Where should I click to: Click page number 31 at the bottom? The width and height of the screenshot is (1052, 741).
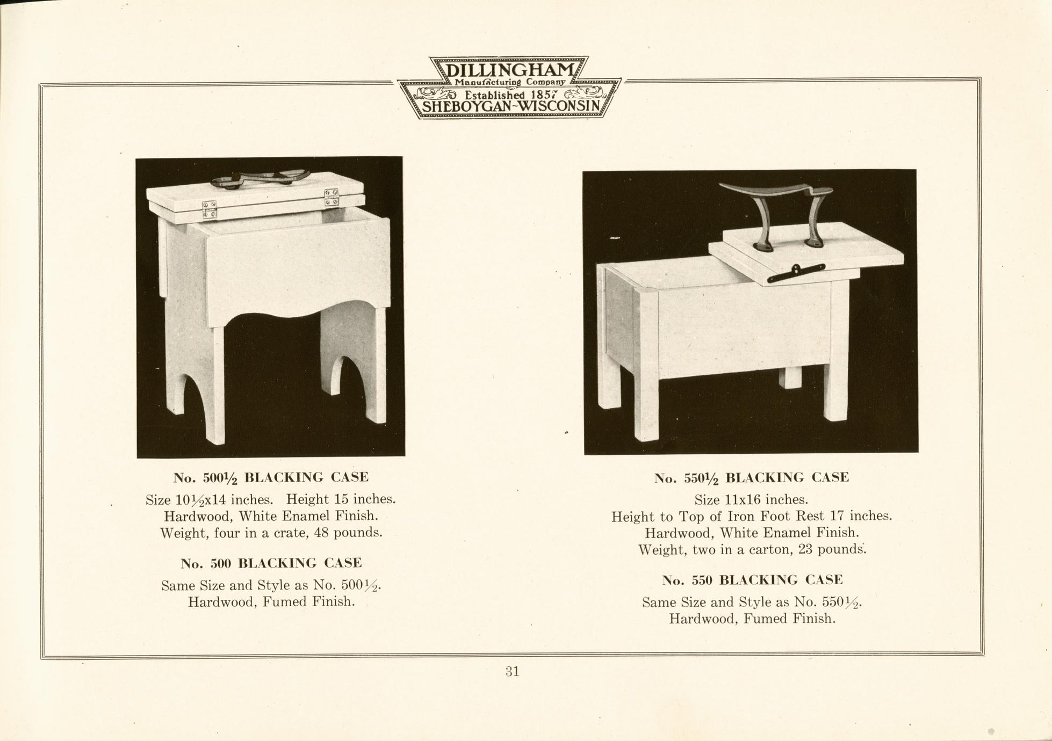coord(512,671)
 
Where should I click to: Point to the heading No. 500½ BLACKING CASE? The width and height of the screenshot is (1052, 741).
coord(271,477)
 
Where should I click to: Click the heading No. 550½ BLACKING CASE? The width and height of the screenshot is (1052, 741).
coord(752,478)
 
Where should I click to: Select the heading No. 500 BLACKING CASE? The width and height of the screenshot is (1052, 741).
coord(271,563)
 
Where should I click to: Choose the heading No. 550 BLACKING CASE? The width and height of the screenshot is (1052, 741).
coord(752,580)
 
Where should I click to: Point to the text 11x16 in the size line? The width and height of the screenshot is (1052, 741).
coord(743,500)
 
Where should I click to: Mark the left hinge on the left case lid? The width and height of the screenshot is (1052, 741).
coord(210,209)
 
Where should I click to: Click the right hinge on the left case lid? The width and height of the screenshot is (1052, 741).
coord(332,197)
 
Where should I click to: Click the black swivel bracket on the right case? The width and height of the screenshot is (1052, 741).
coord(796,273)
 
